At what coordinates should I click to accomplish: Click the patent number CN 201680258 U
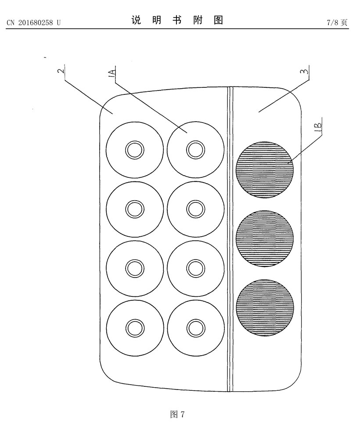(x=33, y=22)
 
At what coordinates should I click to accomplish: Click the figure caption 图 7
(x=177, y=414)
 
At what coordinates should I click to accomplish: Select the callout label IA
(x=112, y=73)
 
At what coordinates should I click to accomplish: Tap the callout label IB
(x=318, y=126)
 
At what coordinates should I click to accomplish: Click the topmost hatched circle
(x=265, y=169)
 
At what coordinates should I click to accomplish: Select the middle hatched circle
(x=265, y=238)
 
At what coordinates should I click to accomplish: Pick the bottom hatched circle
(x=265, y=307)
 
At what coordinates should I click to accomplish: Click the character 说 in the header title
(x=137, y=20)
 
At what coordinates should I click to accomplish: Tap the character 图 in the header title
(x=218, y=20)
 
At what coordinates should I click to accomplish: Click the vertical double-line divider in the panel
(x=230, y=239)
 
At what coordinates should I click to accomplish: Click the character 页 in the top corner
(x=344, y=22)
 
